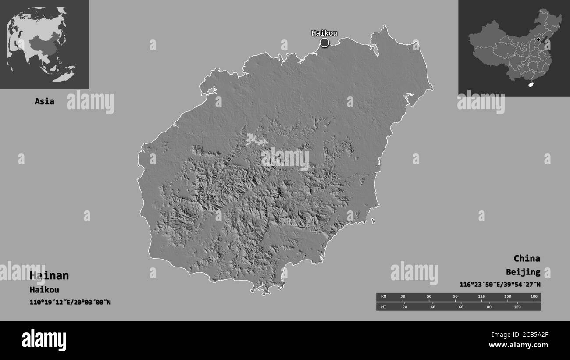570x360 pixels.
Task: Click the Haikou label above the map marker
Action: pyautogui.click(x=324, y=33)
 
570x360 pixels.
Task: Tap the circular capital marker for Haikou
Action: pyautogui.click(x=324, y=43)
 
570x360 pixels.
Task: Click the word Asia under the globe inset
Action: pyautogui.click(x=45, y=101)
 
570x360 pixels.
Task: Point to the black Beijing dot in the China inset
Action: pyautogui.click(x=538, y=39)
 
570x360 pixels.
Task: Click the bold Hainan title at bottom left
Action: pyautogui.click(x=49, y=275)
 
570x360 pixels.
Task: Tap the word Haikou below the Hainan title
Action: pyautogui.click(x=44, y=290)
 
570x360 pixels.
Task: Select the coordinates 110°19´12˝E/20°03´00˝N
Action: pyautogui.click(x=70, y=302)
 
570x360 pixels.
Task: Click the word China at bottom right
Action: pyautogui.click(x=527, y=258)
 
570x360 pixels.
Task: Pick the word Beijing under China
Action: pyautogui.click(x=523, y=272)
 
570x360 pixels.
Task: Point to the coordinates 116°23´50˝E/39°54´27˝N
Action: pyautogui.click(x=500, y=285)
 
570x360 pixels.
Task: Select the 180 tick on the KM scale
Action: pyautogui.click(x=534, y=297)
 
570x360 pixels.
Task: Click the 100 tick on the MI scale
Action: pyautogui.click(x=517, y=307)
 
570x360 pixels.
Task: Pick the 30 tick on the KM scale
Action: pyautogui.click(x=403, y=297)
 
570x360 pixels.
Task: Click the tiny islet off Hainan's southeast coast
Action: pyautogui.click(x=373, y=221)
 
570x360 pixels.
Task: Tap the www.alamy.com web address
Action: pyautogui.click(x=520, y=345)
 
